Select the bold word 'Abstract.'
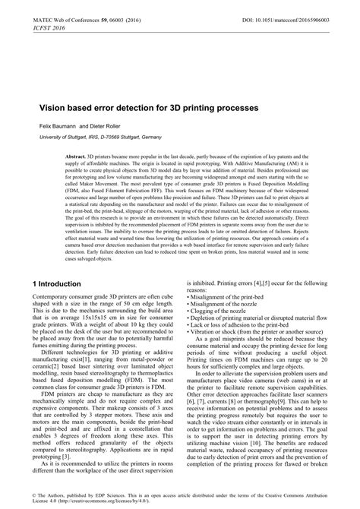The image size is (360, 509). [77, 155]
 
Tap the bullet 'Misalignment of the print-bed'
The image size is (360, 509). [232, 296]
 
